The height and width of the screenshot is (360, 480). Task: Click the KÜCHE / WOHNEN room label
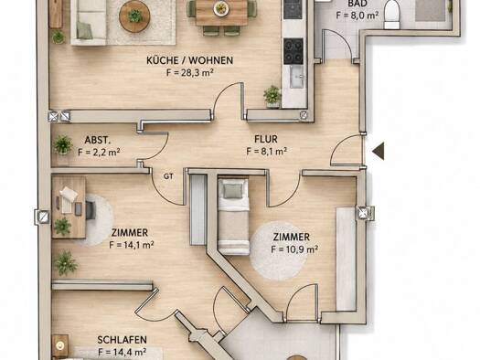point(190,60)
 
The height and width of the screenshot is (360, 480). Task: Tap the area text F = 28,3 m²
point(190,73)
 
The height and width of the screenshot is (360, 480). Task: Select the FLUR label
point(266,139)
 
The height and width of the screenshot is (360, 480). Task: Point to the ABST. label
point(97,140)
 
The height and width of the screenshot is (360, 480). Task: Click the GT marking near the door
point(168,176)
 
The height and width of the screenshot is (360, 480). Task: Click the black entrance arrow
point(379,151)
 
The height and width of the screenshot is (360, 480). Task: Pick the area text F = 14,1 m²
point(132,245)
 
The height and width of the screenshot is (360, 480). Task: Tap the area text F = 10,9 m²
point(294,249)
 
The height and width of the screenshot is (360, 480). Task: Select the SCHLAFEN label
point(123,340)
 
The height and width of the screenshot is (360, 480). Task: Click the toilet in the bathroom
point(392,15)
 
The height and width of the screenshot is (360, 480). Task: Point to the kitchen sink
point(296,77)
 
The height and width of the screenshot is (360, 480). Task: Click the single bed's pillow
point(233,191)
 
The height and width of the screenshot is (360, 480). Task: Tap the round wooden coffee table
point(134,16)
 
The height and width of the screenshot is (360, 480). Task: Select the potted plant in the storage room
point(63,144)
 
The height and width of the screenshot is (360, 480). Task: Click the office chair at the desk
point(91,209)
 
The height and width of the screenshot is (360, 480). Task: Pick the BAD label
point(357,4)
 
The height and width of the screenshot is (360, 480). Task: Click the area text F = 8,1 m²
point(267,151)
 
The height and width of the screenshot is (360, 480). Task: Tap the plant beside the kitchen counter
point(272,95)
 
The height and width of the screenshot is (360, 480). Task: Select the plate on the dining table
point(220,8)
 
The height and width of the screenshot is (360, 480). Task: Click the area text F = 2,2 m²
point(99,152)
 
